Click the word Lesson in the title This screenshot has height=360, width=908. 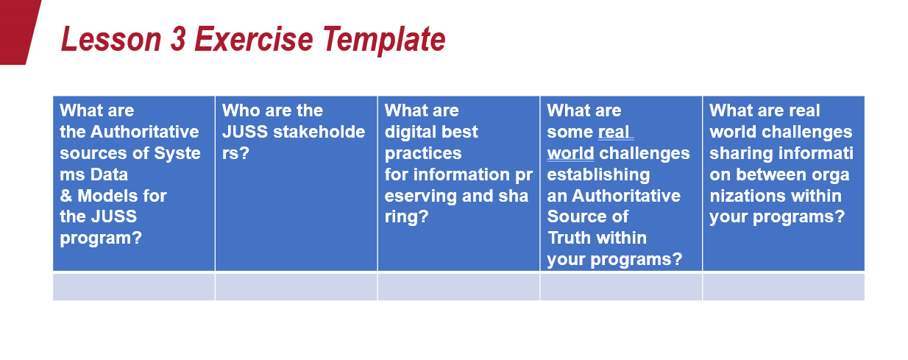pyautogui.click(x=111, y=39)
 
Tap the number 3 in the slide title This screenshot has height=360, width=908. pyautogui.click(x=178, y=39)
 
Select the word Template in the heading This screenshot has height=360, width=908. pyautogui.click(x=384, y=40)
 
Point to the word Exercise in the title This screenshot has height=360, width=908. pyautogui.click(x=254, y=39)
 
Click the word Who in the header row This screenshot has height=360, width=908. pyautogui.click(x=240, y=110)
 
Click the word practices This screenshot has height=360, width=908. pyautogui.click(x=423, y=154)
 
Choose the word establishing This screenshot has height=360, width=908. pyautogui.click(x=598, y=175)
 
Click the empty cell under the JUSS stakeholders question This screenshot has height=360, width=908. pyautogui.click(x=297, y=287)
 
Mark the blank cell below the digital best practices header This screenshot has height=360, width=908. pyautogui.click(x=458, y=287)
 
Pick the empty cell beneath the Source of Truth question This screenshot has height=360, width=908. pyautogui.click(x=621, y=287)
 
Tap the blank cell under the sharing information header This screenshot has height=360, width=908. pyautogui.click(x=784, y=287)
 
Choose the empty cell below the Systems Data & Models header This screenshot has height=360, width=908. pyautogui.click(x=134, y=287)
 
